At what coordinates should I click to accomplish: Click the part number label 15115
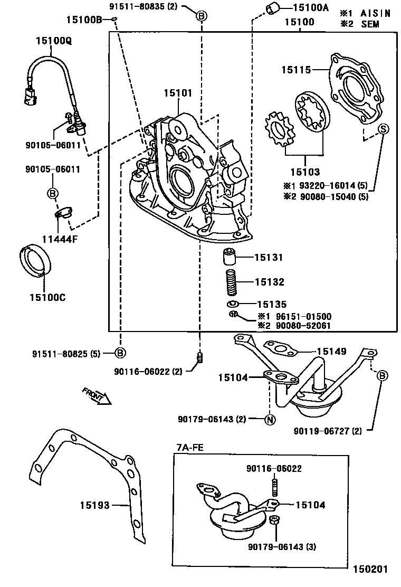[295, 69]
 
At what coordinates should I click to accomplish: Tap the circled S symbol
[383, 128]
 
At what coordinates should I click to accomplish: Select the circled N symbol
[269, 420]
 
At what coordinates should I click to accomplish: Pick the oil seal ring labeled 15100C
[36, 261]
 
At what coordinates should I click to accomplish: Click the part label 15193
[95, 505]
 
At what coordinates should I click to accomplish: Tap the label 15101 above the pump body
[178, 93]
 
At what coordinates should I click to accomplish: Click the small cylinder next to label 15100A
[272, 9]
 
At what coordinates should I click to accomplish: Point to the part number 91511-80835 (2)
[144, 7]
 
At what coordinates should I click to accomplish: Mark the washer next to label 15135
[233, 305]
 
